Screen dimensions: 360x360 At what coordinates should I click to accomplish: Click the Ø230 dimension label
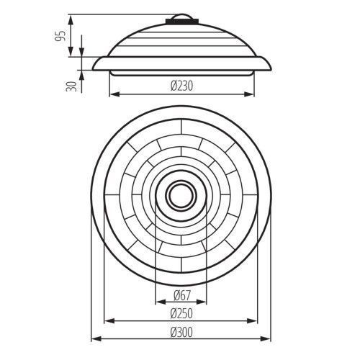pos(181,86)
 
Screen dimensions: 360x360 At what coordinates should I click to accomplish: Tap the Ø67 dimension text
pos(182,295)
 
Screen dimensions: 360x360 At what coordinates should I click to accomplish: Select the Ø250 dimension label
pos(181,313)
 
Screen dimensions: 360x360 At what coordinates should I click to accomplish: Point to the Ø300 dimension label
pos(181,332)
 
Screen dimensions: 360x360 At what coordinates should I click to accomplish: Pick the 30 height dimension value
pos(71,86)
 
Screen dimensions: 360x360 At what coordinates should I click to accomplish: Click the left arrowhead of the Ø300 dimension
pos(96,339)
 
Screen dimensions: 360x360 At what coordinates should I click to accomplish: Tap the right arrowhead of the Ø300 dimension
pos(266,339)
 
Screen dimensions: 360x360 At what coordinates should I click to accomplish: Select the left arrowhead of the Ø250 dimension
pos(109,320)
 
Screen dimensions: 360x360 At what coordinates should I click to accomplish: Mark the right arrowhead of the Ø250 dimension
pos(253,320)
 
